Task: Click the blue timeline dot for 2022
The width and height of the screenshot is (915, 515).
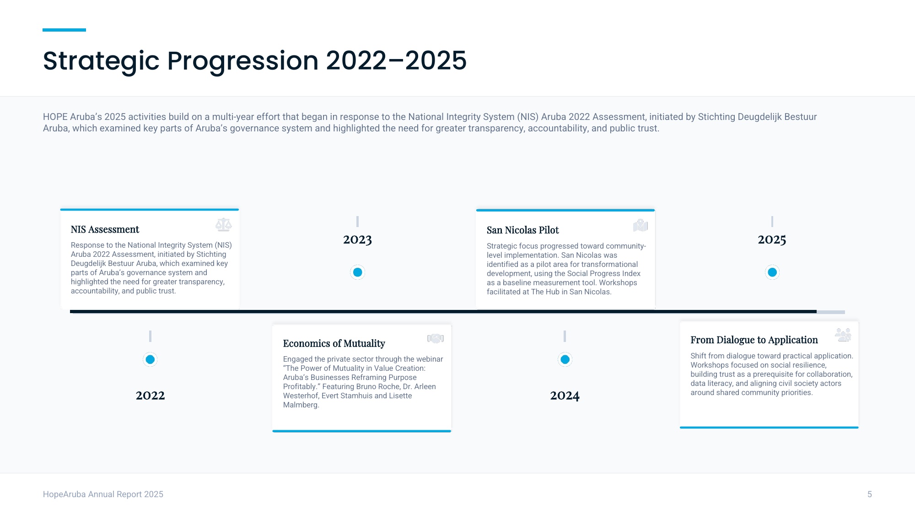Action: click(150, 359)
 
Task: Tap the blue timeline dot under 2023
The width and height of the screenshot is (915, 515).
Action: click(358, 272)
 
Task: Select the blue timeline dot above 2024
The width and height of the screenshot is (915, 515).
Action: click(565, 359)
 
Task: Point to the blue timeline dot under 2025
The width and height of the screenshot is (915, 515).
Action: click(772, 272)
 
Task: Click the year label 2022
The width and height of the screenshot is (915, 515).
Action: click(150, 395)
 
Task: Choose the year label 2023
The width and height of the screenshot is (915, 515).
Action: click(358, 239)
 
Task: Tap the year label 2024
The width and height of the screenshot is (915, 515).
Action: click(565, 395)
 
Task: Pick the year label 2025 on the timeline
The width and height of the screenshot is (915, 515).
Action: click(772, 239)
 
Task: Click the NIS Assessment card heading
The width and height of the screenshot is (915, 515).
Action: click(105, 229)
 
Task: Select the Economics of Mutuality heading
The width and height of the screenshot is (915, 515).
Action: click(334, 343)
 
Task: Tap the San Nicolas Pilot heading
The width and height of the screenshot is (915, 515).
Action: click(523, 230)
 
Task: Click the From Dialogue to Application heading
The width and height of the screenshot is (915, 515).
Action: click(754, 340)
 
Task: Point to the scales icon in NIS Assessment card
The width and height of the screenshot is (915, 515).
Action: click(224, 225)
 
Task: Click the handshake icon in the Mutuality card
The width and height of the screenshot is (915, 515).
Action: click(436, 338)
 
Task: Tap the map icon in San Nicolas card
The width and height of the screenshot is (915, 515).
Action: click(640, 225)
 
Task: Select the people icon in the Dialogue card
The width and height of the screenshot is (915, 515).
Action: click(843, 335)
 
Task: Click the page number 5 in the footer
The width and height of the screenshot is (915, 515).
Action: click(870, 494)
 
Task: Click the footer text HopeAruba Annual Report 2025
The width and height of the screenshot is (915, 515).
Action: click(103, 494)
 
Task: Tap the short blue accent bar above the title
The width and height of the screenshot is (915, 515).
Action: click(64, 30)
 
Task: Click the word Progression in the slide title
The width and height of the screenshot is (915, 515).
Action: click(242, 61)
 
